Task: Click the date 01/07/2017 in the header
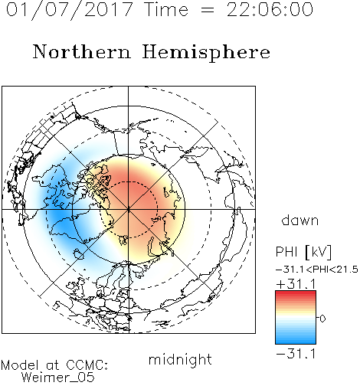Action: [70, 10]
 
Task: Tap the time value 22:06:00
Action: [270, 9]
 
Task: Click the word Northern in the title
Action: [82, 52]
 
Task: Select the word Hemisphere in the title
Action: [206, 53]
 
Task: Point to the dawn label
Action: [300, 220]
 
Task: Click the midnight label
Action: [180, 359]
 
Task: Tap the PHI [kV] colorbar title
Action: [303, 252]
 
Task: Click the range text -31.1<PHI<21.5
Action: [317, 270]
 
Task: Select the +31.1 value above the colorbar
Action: [296, 284]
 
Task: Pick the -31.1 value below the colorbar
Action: [296, 354]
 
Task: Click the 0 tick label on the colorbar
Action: [322, 319]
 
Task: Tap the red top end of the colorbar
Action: [296, 293]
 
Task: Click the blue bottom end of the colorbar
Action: [296, 342]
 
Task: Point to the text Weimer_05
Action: [58, 378]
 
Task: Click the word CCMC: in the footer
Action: [87, 365]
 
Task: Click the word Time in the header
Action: [166, 9]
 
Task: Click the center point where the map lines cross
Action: [129, 209]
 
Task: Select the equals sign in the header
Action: [208, 10]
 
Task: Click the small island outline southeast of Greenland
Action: [79, 254]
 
